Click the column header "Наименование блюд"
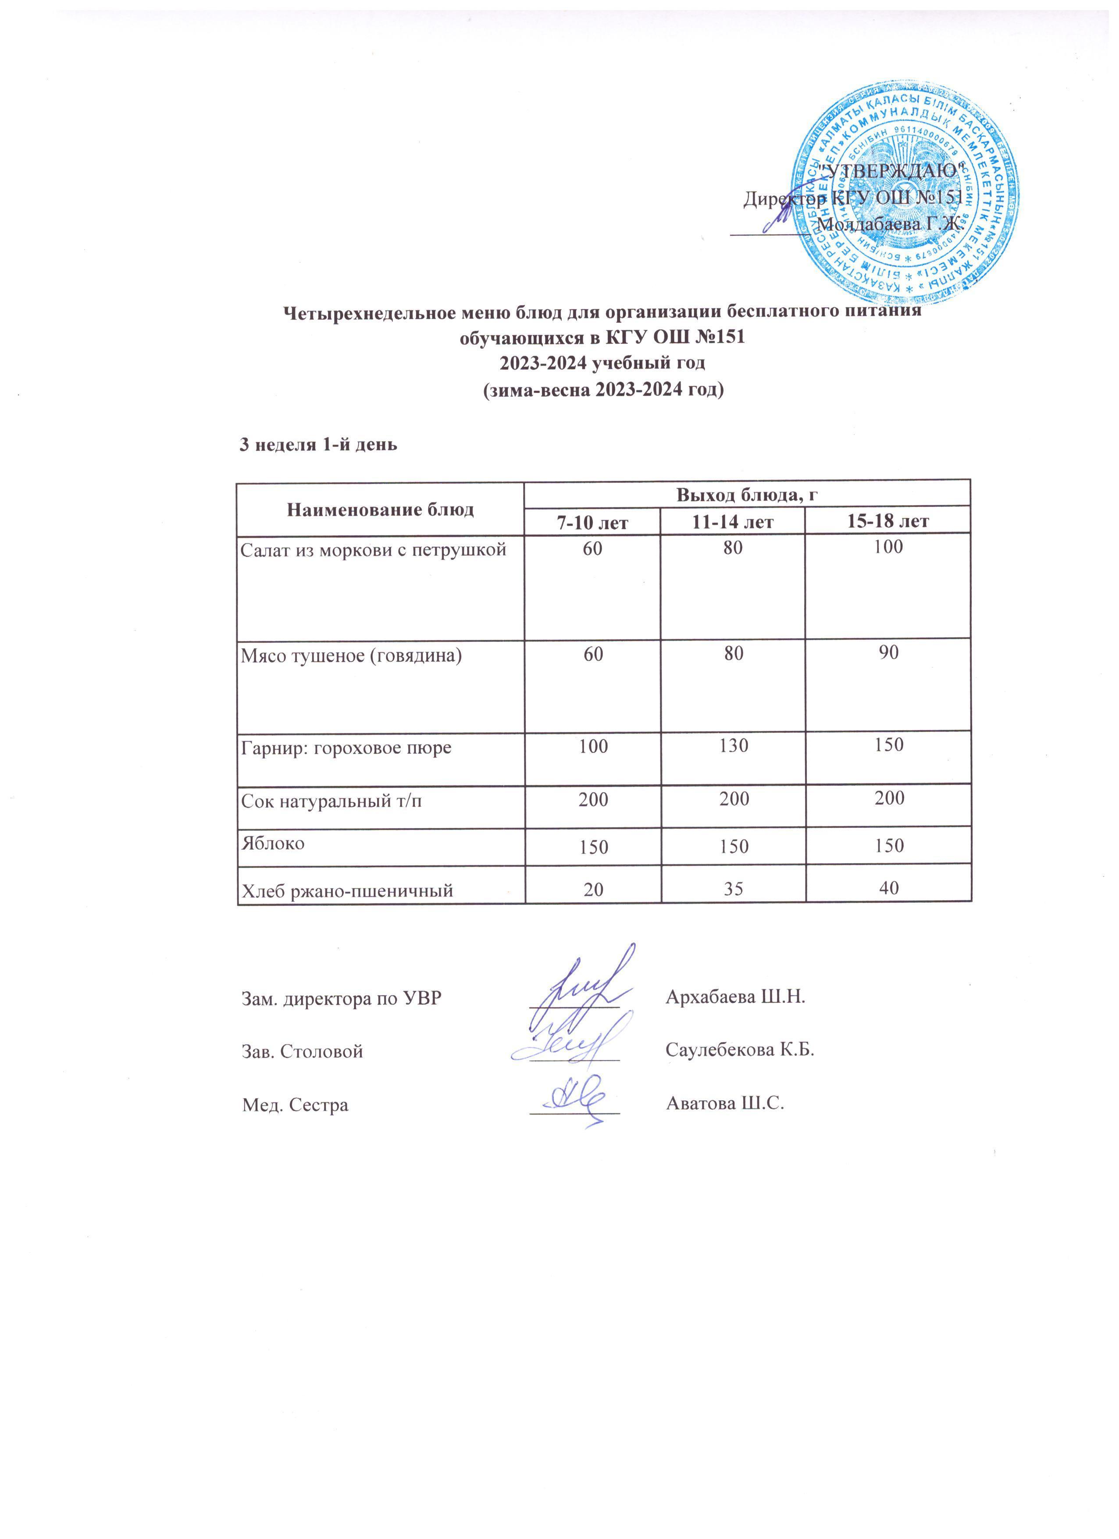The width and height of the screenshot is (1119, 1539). (380, 509)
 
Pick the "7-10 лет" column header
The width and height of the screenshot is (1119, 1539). (592, 521)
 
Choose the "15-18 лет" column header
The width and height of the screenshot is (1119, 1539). (888, 521)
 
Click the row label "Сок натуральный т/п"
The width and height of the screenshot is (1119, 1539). (331, 801)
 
